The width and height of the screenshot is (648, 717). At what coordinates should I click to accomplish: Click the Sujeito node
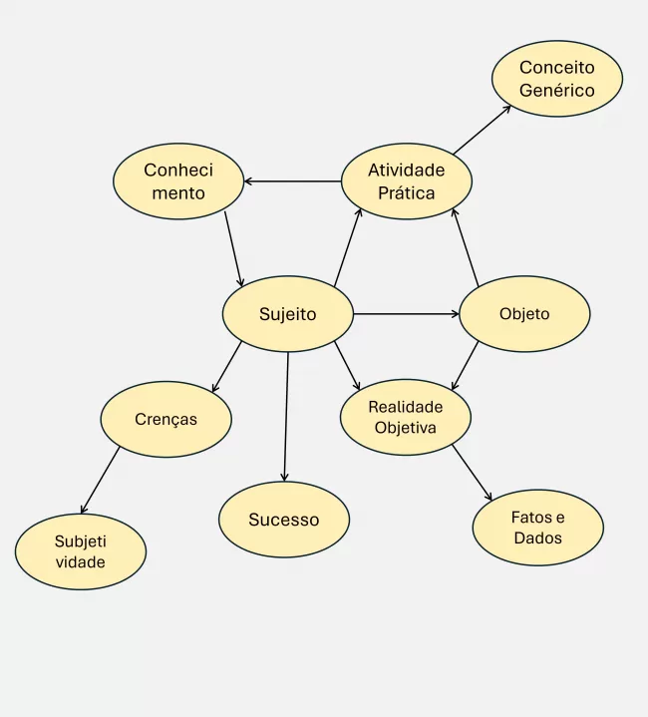pos(287,314)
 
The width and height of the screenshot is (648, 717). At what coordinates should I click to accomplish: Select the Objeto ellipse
pos(524,314)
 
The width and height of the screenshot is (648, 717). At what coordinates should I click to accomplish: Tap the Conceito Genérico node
pos(556,79)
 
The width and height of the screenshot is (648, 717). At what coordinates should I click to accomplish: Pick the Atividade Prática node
pos(406,181)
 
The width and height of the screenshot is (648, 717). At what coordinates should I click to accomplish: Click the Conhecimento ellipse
pos(178,181)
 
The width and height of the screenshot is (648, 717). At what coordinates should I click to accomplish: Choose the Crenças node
pos(165,419)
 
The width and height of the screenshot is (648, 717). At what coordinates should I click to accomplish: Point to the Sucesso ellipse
pos(284,520)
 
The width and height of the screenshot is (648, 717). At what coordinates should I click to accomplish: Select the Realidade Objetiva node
pos(406,417)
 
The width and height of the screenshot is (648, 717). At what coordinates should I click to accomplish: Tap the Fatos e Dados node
pos(537,528)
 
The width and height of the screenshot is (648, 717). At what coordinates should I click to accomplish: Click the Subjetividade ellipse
pos(81,551)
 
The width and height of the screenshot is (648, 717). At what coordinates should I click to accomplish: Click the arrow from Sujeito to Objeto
pos(406,314)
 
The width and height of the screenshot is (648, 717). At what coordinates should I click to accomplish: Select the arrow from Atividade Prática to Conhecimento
pos(293,181)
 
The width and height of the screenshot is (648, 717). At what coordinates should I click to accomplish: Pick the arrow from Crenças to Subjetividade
pos(100,480)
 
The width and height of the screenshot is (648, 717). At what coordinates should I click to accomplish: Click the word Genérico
pos(556,91)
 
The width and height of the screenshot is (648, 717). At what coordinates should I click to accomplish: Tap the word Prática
pos(406,193)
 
